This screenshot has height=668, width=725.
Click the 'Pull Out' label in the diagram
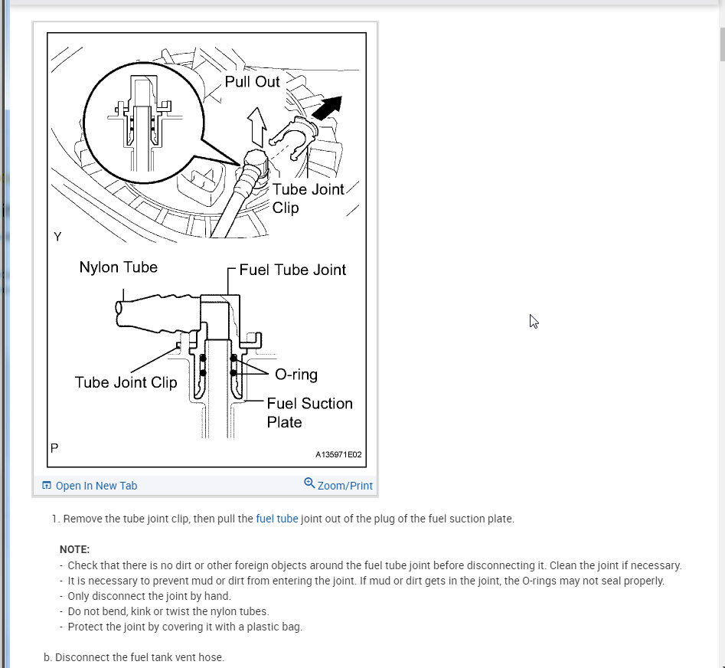tap(252, 81)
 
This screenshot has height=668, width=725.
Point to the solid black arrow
tap(326, 108)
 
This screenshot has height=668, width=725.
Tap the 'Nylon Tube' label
tap(118, 267)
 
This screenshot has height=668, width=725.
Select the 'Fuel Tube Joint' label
tap(292, 270)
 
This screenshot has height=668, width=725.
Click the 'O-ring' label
tap(296, 375)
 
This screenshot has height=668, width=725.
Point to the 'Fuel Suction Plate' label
tap(309, 412)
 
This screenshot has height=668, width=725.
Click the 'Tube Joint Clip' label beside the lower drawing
tap(126, 382)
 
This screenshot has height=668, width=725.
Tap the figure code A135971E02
tap(338, 454)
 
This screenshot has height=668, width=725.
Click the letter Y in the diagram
tap(57, 237)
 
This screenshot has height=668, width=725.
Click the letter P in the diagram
tap(54, 447)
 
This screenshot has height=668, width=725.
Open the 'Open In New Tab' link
tap(96, 486)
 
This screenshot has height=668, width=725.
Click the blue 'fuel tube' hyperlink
tap(277, 519)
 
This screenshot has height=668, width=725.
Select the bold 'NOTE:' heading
tap(74, 549)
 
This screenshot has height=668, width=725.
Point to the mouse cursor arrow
tap(533, 320)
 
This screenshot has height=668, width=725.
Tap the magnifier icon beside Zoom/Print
tap(309, 483)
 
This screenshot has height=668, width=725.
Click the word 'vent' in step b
tap(164, 657)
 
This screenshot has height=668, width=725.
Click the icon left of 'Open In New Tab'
tap(47, 486)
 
